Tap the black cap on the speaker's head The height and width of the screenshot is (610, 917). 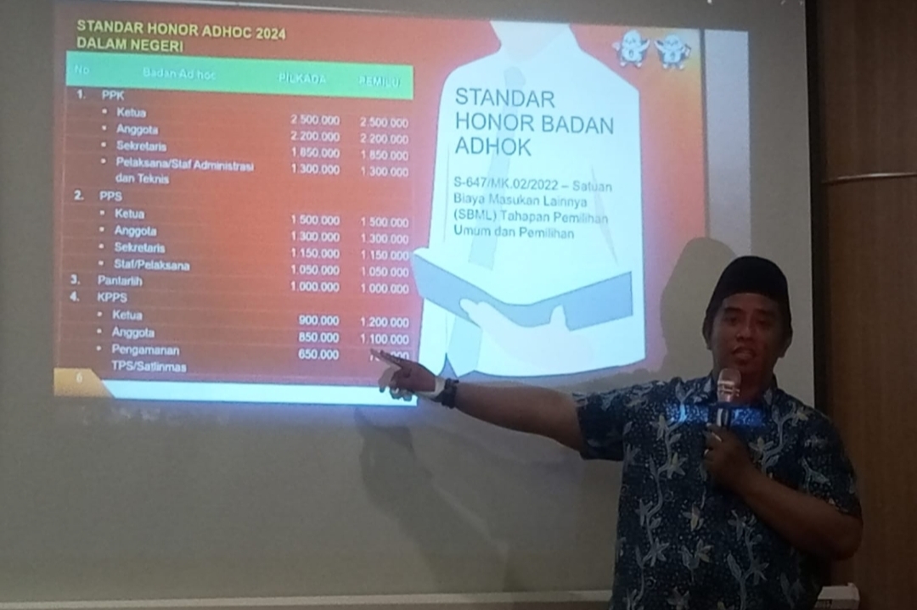click(x=750, y=283)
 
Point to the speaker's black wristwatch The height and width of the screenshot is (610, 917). click(x=447, y=393)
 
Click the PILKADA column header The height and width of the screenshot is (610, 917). click(x=302, y=78)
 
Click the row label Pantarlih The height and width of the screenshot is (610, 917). click(x=120, y=280)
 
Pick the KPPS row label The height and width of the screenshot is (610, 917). click(x=111, y=297)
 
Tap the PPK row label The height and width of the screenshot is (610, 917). click(x=113, y=95)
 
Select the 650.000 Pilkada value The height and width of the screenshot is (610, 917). click(x=318, y=354)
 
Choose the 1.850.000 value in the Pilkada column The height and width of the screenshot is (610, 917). click(x=314, y=153)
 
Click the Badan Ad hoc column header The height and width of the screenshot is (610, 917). click(x=178, y=74)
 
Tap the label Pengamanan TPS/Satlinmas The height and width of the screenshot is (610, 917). click(x=146, y=358)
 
